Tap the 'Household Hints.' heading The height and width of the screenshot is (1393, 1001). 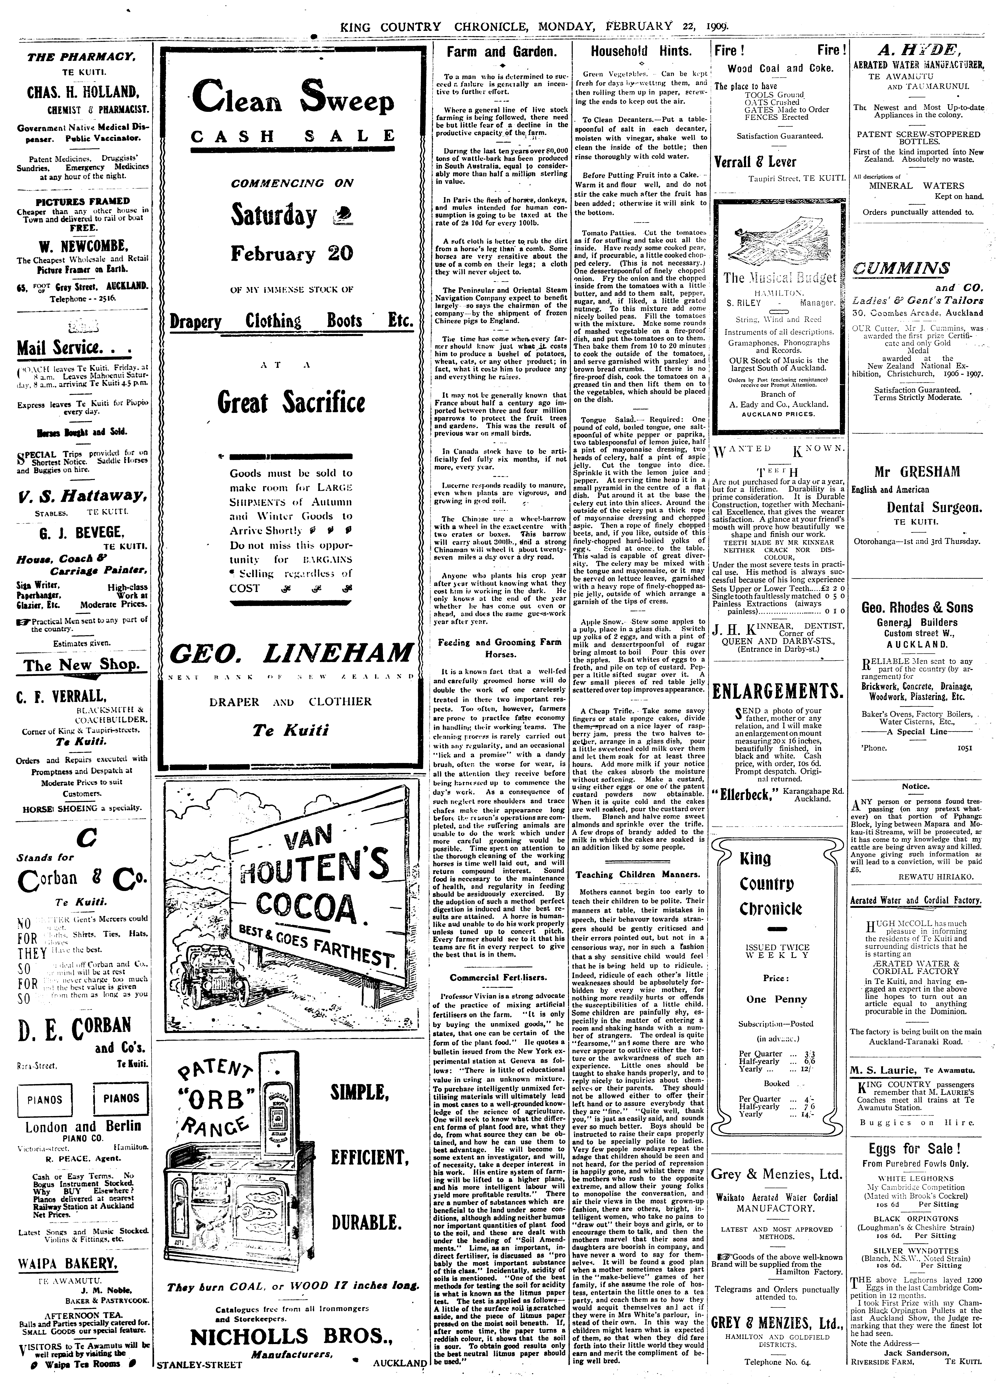pos(640,52)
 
